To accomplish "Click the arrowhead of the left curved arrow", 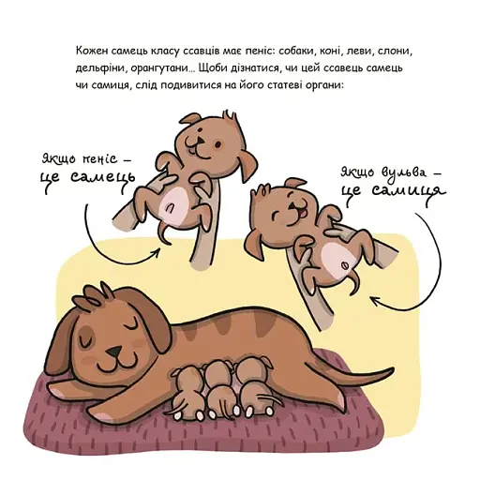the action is (157, 251).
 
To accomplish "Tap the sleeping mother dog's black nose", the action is (113, 352).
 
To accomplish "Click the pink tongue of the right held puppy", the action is (303, 215).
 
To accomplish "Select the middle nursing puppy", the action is (218, 388).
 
